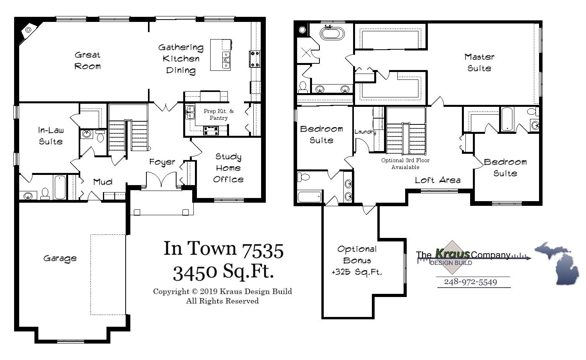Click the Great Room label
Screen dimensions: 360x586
point(87,61)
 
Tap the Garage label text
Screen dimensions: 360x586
point(60,258)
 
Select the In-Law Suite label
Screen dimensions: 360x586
point(51,136)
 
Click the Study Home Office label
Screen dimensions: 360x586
point(228,168)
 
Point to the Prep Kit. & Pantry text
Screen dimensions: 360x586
point(218,114)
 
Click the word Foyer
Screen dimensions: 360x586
point(162,162)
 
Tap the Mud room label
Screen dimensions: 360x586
point(103,182)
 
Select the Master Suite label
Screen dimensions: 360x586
point(479,63)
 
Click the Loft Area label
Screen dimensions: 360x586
point(438,180)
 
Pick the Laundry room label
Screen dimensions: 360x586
point(365,132)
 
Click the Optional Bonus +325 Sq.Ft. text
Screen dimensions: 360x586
point(357,261)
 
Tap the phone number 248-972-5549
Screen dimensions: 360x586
point(470,282)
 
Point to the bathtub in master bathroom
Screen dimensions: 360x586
point(332,33)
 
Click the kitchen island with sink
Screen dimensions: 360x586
point(221,55)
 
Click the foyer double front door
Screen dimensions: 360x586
point(161,181)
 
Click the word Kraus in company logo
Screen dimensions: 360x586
point(453,253)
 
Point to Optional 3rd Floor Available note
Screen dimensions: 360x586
point(405,164)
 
